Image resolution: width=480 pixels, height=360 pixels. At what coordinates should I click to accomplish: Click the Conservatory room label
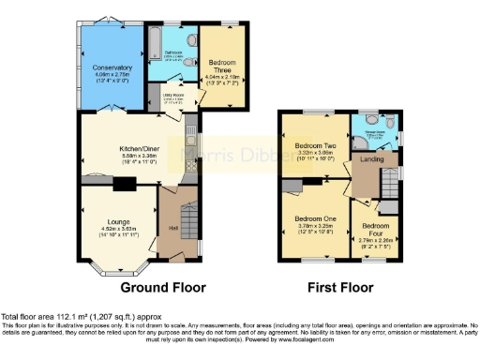click(x=112, y=67)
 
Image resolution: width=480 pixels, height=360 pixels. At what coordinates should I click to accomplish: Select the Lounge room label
click(x=117, y=223)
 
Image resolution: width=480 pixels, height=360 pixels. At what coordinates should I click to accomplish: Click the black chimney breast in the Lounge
click(x=119, y=186)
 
